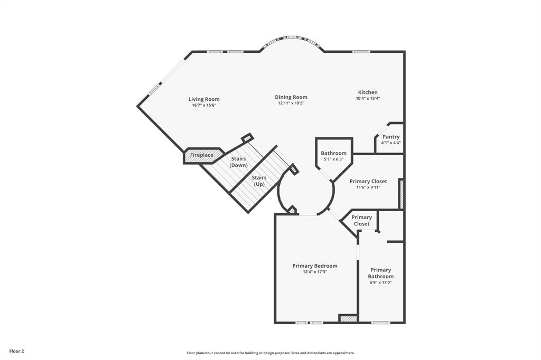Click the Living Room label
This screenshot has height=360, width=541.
[204, 99]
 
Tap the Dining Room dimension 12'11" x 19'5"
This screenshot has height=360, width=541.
[291, 103]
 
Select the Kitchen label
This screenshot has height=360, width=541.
[368, 92]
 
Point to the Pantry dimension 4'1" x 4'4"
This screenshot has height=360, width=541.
[391, 143]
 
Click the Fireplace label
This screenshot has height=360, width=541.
[202, 155]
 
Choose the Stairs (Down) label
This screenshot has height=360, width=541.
[238, 162]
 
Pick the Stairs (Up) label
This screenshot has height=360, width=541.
[259, 181]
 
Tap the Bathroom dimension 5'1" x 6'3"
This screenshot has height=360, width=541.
[333, 159]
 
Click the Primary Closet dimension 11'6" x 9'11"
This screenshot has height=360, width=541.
[368, 187]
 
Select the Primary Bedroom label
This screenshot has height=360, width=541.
[315, 266]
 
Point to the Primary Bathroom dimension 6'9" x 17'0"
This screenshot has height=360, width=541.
[380, 282]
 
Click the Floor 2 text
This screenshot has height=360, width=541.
[16, 351]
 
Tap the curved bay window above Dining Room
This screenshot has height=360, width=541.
[293, 39]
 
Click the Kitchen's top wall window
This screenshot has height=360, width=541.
[361, 51]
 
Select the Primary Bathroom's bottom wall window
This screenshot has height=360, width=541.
[380, 323]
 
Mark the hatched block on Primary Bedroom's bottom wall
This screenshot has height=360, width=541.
[348, 318]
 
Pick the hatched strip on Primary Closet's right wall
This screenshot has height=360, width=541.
[401, 193]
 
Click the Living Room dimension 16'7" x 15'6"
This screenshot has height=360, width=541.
[204, 106]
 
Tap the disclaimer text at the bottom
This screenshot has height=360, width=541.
[270, 353]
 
